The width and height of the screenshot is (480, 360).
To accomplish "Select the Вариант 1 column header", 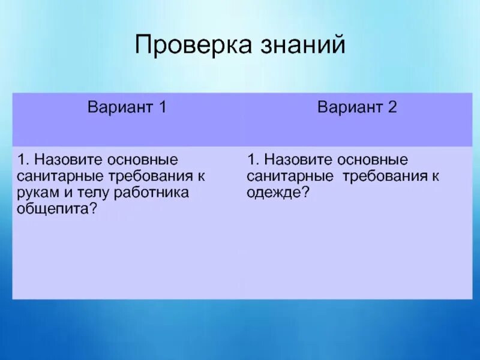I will click(127, 108).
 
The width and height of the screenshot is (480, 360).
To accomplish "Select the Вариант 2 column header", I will click(357, 108).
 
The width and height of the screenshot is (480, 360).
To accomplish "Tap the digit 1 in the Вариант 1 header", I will click(162, 108).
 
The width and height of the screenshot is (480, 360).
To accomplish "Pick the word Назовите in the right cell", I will click(298, 161).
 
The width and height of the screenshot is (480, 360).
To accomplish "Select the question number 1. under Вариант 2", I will click(252, 161).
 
